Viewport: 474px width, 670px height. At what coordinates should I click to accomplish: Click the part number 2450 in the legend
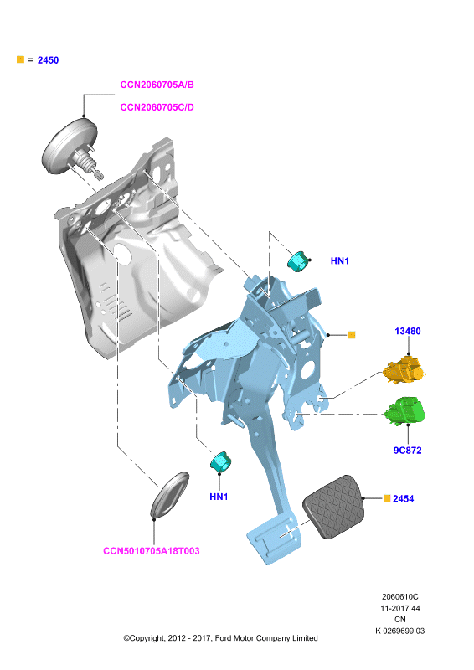(48, 60)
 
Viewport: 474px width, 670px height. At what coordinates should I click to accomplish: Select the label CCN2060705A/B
(157, 85)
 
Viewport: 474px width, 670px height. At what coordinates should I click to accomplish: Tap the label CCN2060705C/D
(157, 107)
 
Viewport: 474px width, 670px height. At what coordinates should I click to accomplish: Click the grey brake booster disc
(69, 147)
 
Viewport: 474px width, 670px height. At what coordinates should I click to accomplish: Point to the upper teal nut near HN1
(298, 261)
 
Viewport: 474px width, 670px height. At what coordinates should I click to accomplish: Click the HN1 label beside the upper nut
(340, 260)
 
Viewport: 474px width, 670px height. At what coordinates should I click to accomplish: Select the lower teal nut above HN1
(220, 462)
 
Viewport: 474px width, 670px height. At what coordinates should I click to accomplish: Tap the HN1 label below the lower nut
(219, 497)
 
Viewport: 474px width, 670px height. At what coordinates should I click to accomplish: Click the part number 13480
(408, 331)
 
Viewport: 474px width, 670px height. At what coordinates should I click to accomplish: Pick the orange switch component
(404, 370)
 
